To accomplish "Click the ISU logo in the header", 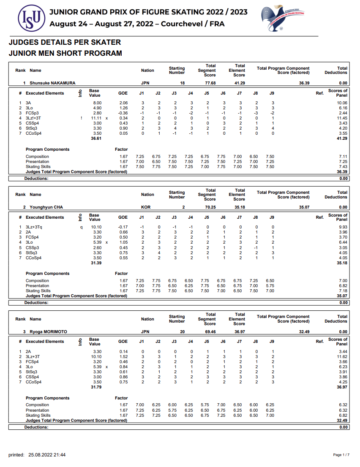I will [31, 18].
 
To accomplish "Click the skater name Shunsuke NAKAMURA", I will [52, 83].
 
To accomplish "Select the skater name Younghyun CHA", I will [48, 207].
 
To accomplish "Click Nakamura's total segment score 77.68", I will [210, 83].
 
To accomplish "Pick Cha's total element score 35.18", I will [240, 207].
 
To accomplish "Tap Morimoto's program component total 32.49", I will [304, 332].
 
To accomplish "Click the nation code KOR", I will [146, 207].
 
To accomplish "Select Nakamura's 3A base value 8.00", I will [97, 103].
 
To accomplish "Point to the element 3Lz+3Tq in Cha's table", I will [34, 227].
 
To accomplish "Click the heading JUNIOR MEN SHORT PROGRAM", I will [65, 53].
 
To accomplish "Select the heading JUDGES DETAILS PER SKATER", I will [65, 42].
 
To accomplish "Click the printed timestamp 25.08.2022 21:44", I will [47, 455].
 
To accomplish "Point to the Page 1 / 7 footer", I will [341, 455].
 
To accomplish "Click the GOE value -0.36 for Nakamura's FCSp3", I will [122, 113].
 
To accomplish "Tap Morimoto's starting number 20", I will [182, 332].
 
